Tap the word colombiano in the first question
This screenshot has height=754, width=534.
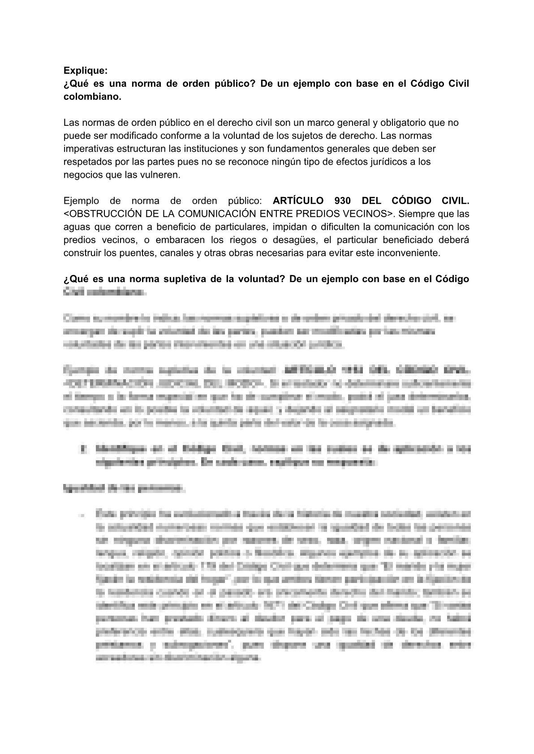click(92, 97)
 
